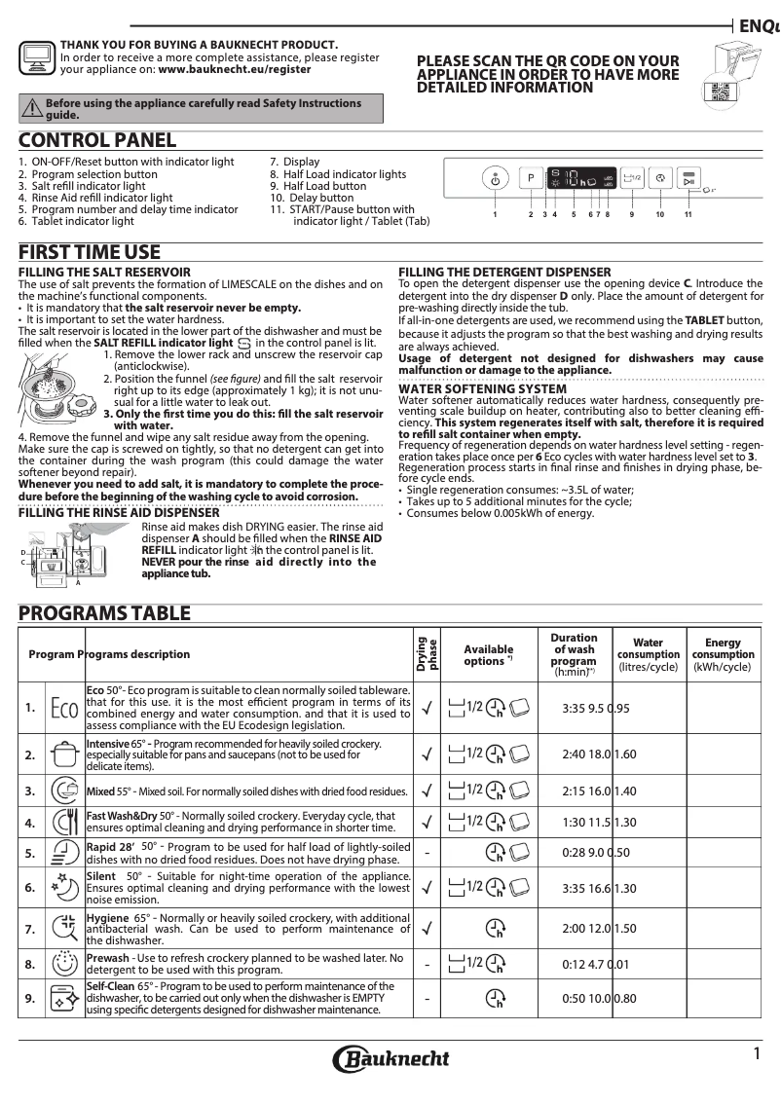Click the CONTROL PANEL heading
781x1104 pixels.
pos(97,141)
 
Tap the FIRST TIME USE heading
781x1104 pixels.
pos(90,252)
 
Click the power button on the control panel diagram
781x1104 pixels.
pos(495,180)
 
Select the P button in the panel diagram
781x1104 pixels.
pos(531,179)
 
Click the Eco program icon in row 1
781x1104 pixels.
pos(63,708)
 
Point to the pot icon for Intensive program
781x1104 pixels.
pos(63,754)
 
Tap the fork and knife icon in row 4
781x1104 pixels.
pos(63,822)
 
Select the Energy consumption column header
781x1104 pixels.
pos(722,654)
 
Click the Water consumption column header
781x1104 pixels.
pos(648,654)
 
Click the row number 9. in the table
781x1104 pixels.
pos(30,998)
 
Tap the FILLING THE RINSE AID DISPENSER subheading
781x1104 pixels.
pos(119,512)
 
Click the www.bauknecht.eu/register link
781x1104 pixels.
pos(234,70)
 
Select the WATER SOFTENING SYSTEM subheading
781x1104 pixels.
pos(482,388)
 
